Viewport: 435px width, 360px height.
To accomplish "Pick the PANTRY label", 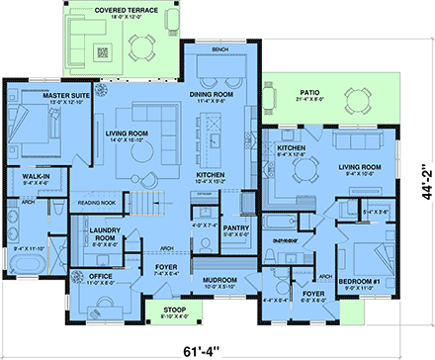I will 235,229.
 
